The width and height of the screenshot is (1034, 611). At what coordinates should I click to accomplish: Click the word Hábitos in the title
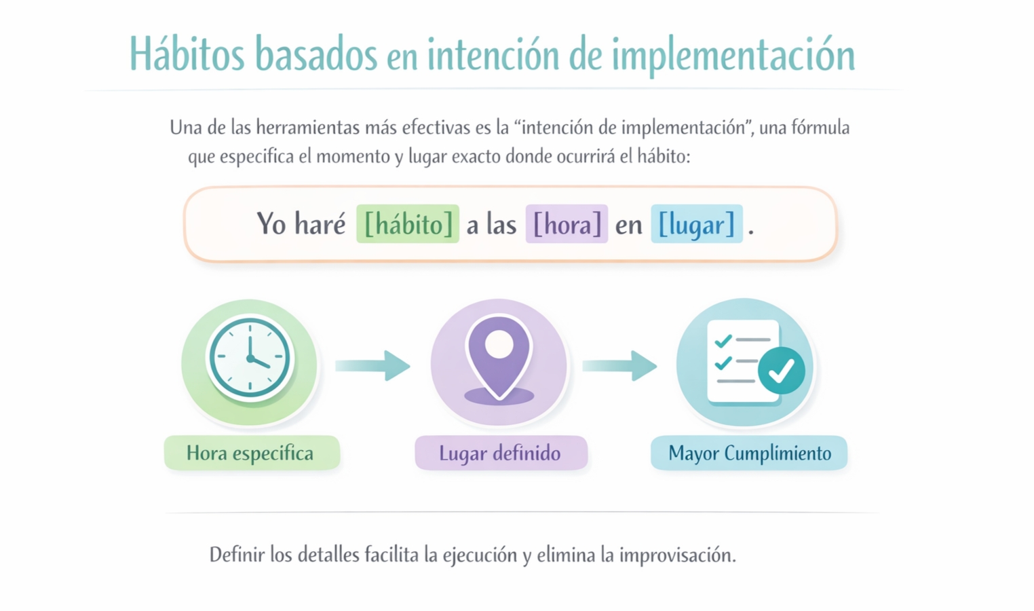click(187, 53)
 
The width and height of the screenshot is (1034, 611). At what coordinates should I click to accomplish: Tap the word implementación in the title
click(734, 56)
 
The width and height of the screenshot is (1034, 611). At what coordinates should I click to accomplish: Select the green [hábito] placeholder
click(408, 224)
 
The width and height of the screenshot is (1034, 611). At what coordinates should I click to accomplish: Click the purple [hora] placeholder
click(567, 224)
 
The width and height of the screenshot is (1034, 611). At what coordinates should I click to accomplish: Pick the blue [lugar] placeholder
click(697, 224)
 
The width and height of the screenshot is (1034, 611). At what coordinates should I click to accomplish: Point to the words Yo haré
click(301, 224)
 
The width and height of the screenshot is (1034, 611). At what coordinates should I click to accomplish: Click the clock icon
click(250, 358)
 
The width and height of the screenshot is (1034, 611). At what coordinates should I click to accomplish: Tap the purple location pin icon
click(499, 358)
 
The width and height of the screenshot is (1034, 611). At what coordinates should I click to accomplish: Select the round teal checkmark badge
click(782, 371)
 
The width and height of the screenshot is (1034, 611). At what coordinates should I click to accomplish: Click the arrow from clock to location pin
click(373, 366)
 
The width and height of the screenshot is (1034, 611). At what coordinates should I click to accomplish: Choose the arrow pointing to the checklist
click(620, 366)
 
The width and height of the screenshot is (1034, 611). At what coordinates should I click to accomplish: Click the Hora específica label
click(252, 453)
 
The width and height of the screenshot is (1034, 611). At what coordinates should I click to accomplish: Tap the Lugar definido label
click(501, 453)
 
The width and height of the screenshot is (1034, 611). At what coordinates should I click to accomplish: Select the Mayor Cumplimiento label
click(749, 453)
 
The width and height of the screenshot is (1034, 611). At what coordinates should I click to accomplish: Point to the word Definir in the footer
click(237, 554)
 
